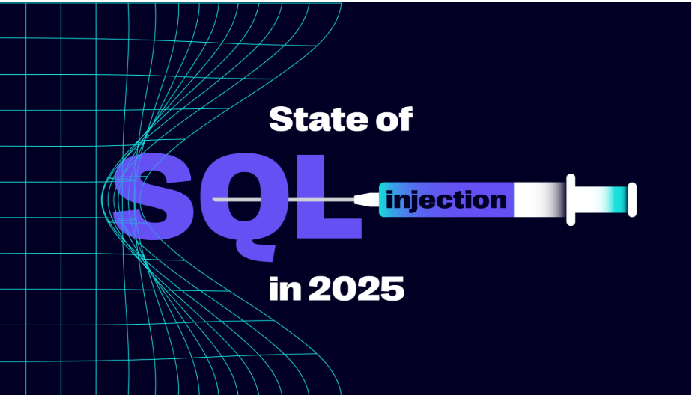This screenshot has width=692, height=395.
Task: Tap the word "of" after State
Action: pos(391,120)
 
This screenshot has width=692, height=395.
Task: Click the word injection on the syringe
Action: pos(446,200)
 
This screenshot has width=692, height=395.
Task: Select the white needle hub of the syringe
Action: pos(367,200)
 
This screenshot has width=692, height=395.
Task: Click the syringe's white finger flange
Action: pos(571,199)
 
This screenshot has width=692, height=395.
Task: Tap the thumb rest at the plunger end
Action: pos(632,199)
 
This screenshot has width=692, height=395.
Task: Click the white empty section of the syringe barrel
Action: pos(535,200)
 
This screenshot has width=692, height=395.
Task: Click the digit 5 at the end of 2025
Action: pos(392,288)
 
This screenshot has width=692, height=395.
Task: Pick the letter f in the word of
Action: pos(404,119)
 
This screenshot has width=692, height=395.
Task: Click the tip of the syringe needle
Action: pos(215,200)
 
